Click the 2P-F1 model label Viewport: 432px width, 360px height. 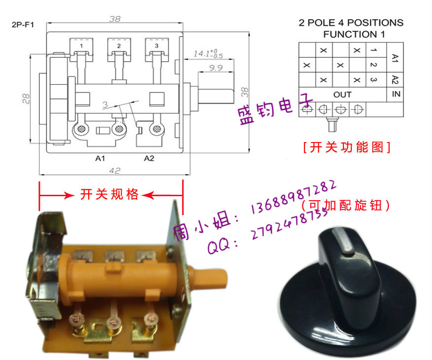click(23, 25)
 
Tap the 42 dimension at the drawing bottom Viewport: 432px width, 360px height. click(115, 171)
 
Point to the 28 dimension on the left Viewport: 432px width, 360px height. click(26, 99)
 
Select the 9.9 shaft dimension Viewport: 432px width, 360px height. click(216, 68)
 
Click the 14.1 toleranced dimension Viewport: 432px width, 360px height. click(208, 53)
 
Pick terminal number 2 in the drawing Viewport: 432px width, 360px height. click(119, 46)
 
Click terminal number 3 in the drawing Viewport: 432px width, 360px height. click(157, 45)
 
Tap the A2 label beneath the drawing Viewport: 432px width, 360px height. click(149, 158)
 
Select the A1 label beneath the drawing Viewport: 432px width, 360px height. click(100, 158)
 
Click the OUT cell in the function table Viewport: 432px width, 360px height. click(342, 95)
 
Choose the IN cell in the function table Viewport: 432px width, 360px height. click(396, 94)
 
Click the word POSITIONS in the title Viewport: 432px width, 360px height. click(375, 23)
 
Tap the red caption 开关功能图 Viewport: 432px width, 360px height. click(347, 147)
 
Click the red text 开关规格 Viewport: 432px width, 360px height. click(109, 194)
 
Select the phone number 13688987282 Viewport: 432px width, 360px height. click(294, 197)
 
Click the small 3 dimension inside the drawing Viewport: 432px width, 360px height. click(105, 105)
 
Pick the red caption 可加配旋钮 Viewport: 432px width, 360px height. click(345, 205)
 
